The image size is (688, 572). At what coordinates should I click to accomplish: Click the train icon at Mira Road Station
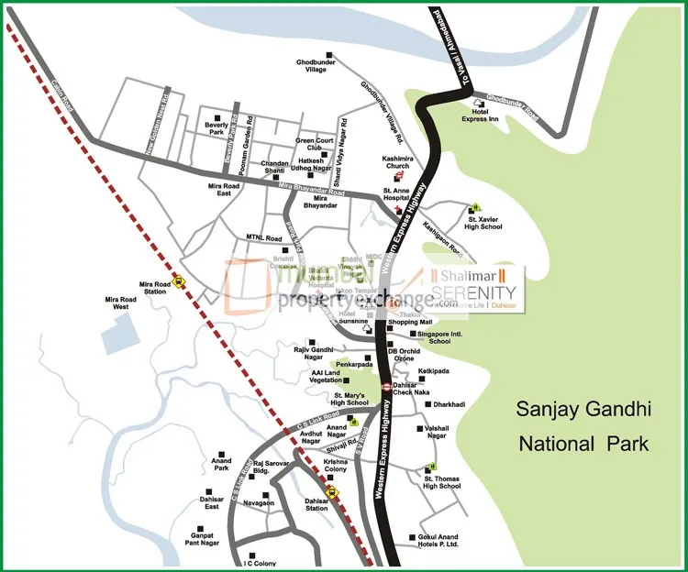[179, 283]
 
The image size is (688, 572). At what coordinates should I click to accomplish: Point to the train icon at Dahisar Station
[332, 490]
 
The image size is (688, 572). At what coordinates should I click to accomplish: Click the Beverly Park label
[216, 127]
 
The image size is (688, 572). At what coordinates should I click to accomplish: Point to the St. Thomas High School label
[442, 482]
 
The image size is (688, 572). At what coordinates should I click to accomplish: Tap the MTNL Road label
[263, 238]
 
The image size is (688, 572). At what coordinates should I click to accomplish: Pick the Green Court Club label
[313, 144]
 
